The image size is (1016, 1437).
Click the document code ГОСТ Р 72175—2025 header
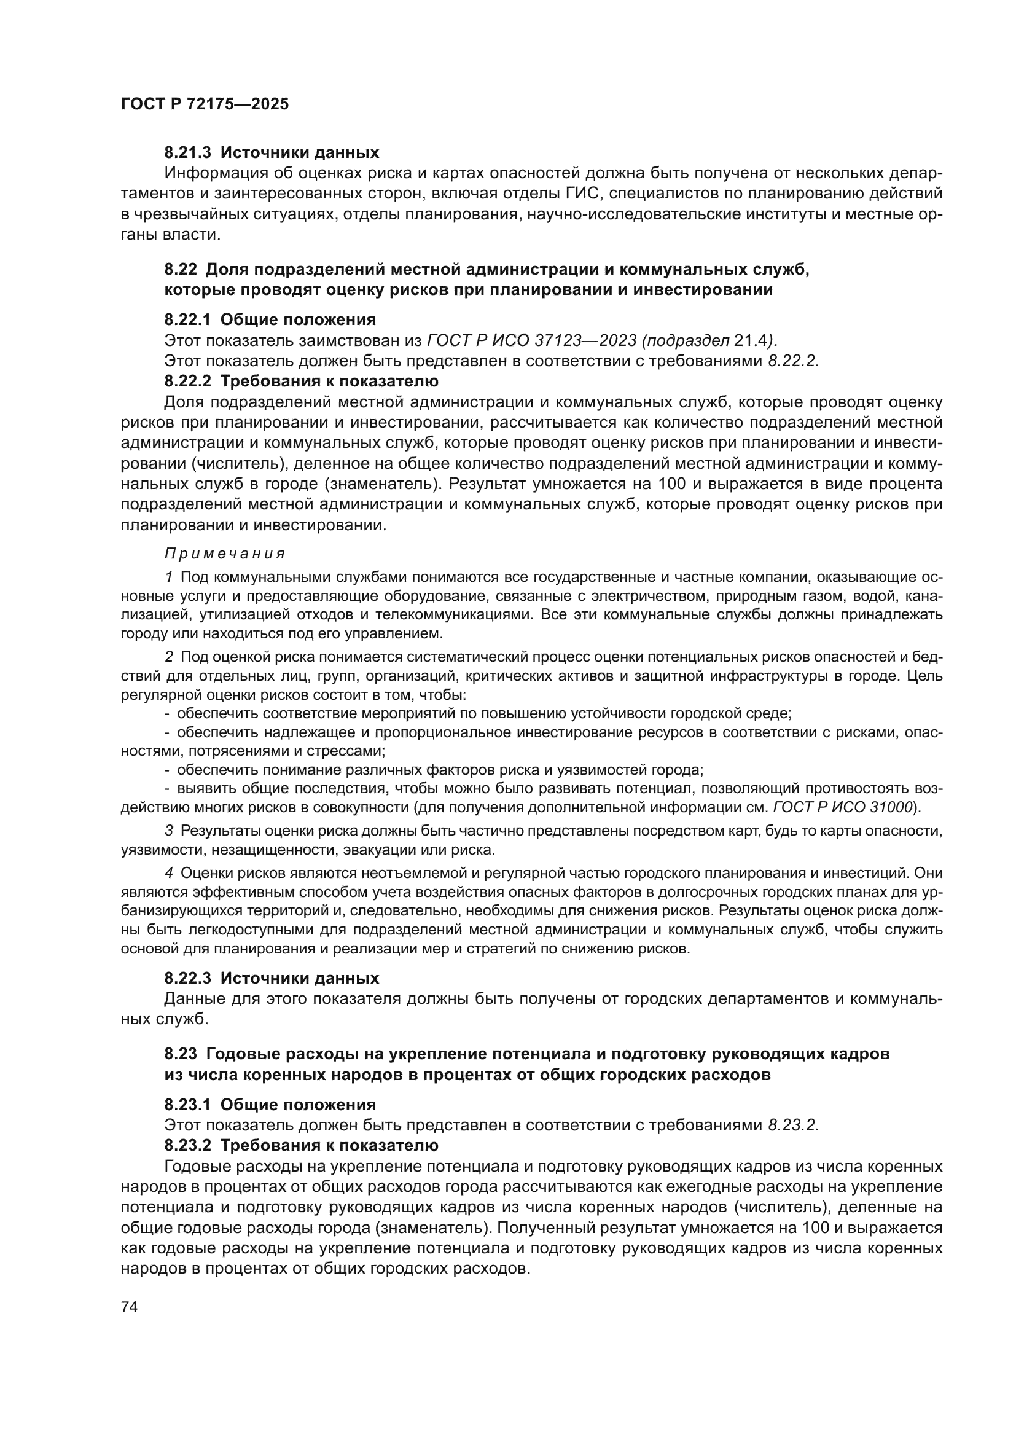point(205,104)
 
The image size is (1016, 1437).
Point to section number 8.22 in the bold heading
point(181,270)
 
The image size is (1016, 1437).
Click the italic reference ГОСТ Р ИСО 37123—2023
point(532,340)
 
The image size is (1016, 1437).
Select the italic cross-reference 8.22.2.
point(792,361)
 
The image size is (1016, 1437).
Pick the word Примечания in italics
point(225,554)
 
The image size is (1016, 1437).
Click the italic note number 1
point(169,576)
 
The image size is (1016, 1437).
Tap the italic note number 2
point(169,657)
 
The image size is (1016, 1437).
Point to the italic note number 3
point(169,831)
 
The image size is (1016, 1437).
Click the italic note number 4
point(169,872)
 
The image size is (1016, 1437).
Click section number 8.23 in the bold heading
point(181,1054)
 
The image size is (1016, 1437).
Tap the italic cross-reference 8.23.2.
point(792,1126)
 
